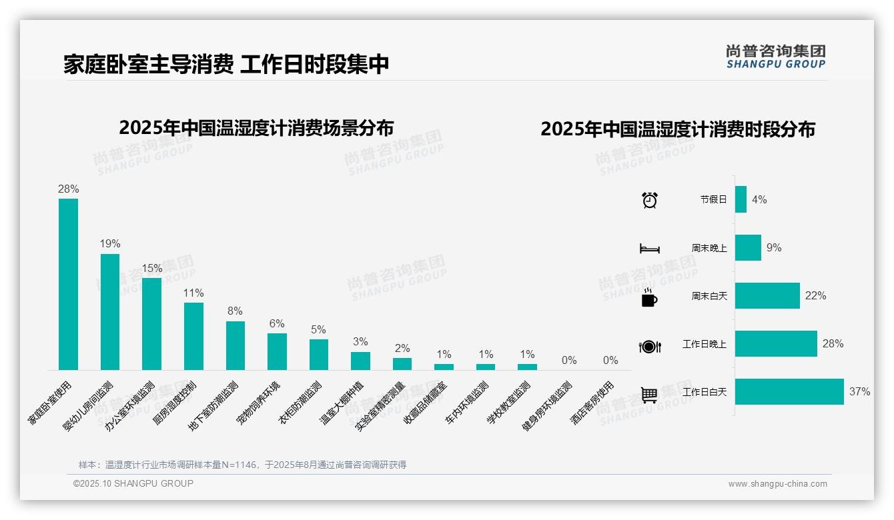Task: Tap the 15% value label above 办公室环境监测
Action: click(x=151, y=268)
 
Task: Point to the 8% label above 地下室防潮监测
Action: click(x=235, y=311)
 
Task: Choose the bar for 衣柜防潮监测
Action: click(x=318, y=355)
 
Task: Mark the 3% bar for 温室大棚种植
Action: click(x=360, y=361)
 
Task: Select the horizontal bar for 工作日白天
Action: click(x=789, y=391)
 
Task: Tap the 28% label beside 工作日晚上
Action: click(x=833, y=344)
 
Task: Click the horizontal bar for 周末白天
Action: click(x=767, y=295)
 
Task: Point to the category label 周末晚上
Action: click(x=709, y=248)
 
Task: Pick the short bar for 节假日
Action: click(x=741, y=199)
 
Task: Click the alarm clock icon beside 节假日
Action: click(x=650, y=199)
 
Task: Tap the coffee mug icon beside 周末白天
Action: click(x=649, y=298)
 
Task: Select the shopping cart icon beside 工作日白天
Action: click(x=649, y=395)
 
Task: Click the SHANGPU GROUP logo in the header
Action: click(x=775, y=57)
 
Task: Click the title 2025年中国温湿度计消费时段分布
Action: click(x=678, y=129)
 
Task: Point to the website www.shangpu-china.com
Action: click(x=777, y=484)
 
